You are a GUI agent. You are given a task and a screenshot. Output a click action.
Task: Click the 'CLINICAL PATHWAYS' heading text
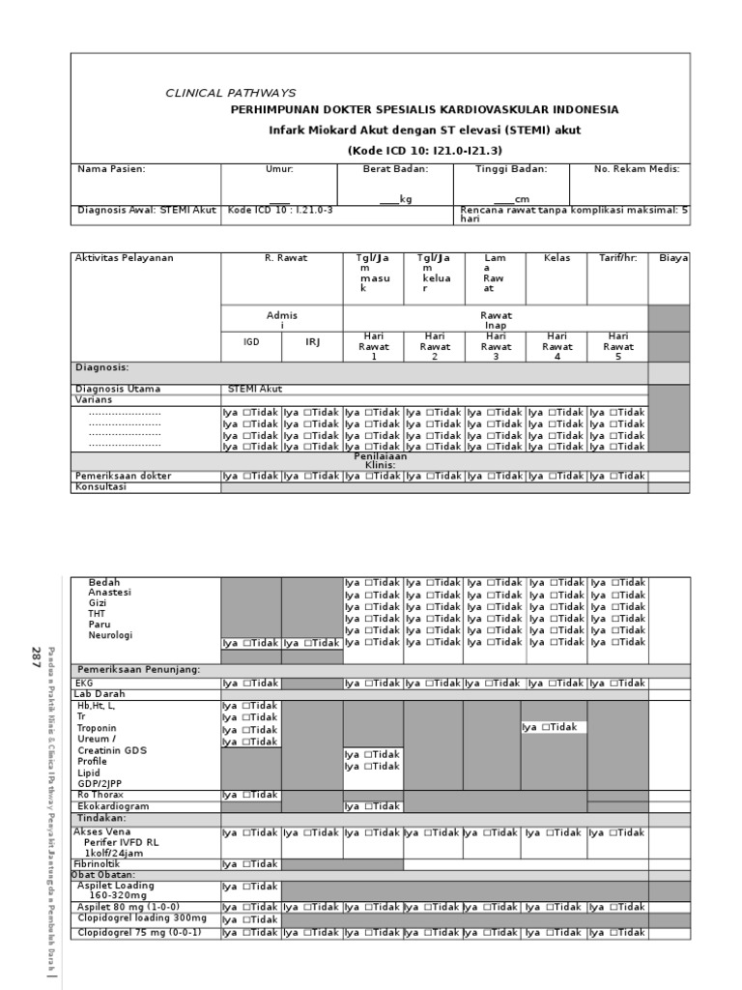pos(231,93)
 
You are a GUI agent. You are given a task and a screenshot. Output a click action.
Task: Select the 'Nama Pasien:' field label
pos(111,169)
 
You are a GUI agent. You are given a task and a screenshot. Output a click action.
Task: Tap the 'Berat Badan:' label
pos(394,169)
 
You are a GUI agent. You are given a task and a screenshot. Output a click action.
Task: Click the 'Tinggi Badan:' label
pos(511,169)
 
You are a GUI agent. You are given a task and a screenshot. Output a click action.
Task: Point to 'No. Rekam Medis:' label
pos(637,169)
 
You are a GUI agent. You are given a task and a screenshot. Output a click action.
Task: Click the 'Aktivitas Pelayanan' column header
pos(125,258)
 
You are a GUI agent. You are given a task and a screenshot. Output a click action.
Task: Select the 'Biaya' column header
pos(673,258)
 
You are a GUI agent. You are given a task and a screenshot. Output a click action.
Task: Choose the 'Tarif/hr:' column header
pos(618,258)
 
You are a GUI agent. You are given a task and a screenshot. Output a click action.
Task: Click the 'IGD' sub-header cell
pos(251,341)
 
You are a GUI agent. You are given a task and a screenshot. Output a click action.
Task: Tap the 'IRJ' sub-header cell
pos(312,341)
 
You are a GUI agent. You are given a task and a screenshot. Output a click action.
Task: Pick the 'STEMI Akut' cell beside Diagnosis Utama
pos(255,389)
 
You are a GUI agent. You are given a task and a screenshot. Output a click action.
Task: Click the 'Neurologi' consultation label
pos(110,635)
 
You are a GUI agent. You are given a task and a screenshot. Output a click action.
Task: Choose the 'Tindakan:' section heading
pos(101,819)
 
